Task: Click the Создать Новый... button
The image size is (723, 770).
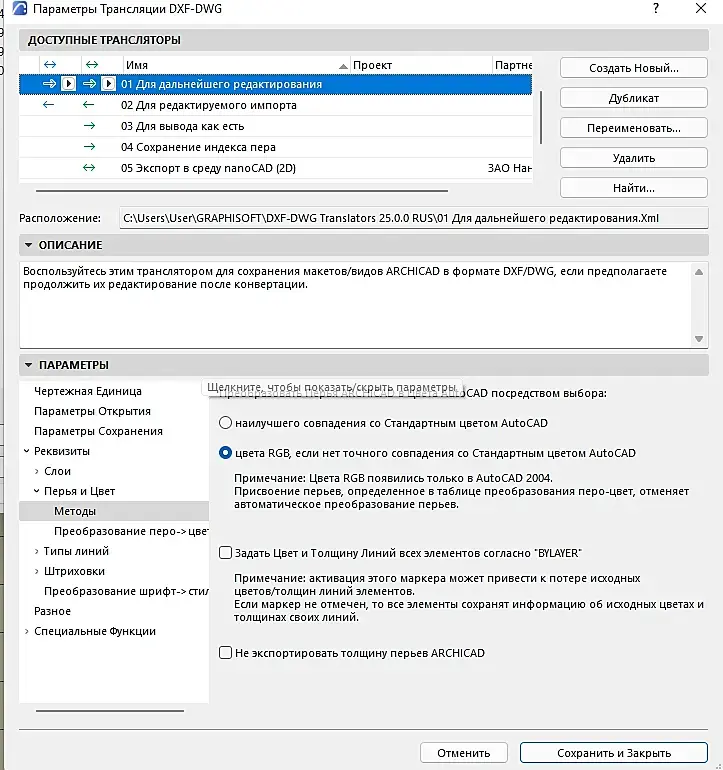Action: pyautogui.click(x=633, y=68)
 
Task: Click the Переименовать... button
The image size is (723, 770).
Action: pyautogui.click(x=633, y=128)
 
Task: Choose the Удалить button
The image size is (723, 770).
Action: pyautogui.click(x=633, y=158)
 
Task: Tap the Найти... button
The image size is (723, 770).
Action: pyautogui.click(x=633, y=188)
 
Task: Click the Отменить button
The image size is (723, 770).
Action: pyautogui.click(x=463, y=753)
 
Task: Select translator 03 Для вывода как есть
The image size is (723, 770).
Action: pyautogui.click(x=182, y=127)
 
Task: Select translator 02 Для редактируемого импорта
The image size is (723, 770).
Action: pyautogui.click(x=208, y=105)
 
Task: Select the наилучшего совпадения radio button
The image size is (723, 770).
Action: pyautogui.click(x=226, y=423)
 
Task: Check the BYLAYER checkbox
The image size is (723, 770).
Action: pyautogui.click(x=226, y=553)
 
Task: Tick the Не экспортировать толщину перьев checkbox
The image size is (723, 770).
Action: pyautogui.click(x=226, y=653)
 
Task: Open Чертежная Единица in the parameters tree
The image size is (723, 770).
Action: pyautogui.click(x=88, y=391)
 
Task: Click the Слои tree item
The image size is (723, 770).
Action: pyautogui.click(x=58, y=471)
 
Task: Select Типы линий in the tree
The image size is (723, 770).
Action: pyautogui.click(x=77, y=551)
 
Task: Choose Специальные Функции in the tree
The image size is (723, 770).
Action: pyautogui.click(x=95, y=631)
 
